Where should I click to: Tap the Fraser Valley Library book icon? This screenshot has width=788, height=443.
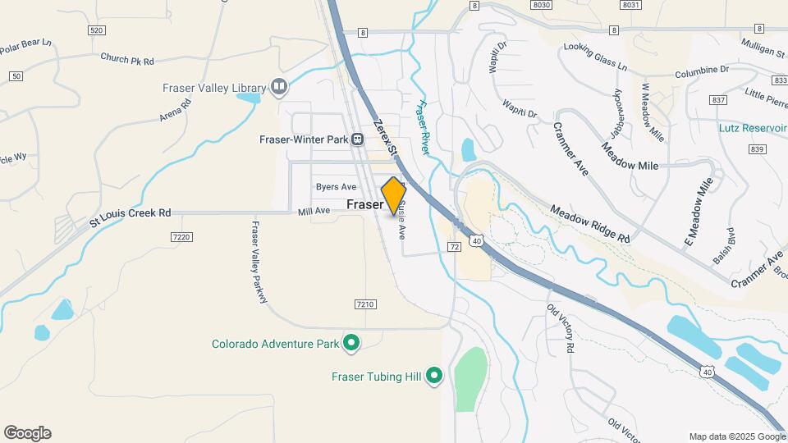(279, 87)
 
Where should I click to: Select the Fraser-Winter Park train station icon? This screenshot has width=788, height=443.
(358, 139)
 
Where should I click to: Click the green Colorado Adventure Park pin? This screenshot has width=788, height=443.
(351, 344)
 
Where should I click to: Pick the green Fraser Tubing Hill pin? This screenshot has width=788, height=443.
(434, 377)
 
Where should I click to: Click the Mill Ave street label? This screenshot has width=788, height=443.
(314, 211)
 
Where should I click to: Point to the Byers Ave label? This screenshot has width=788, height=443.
(337, 187)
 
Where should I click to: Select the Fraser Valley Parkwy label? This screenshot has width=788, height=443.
(260, 263)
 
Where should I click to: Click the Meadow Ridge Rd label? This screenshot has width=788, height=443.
(590, 224)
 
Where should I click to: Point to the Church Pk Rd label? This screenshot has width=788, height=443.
(127, 59)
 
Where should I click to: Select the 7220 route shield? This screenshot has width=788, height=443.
(181, 237)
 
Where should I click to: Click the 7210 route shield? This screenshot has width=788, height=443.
(365, 304)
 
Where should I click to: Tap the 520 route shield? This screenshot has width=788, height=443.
(97, 30)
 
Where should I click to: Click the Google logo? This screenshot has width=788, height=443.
(27, 433)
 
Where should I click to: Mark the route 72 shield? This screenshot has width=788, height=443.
(454, 246)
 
